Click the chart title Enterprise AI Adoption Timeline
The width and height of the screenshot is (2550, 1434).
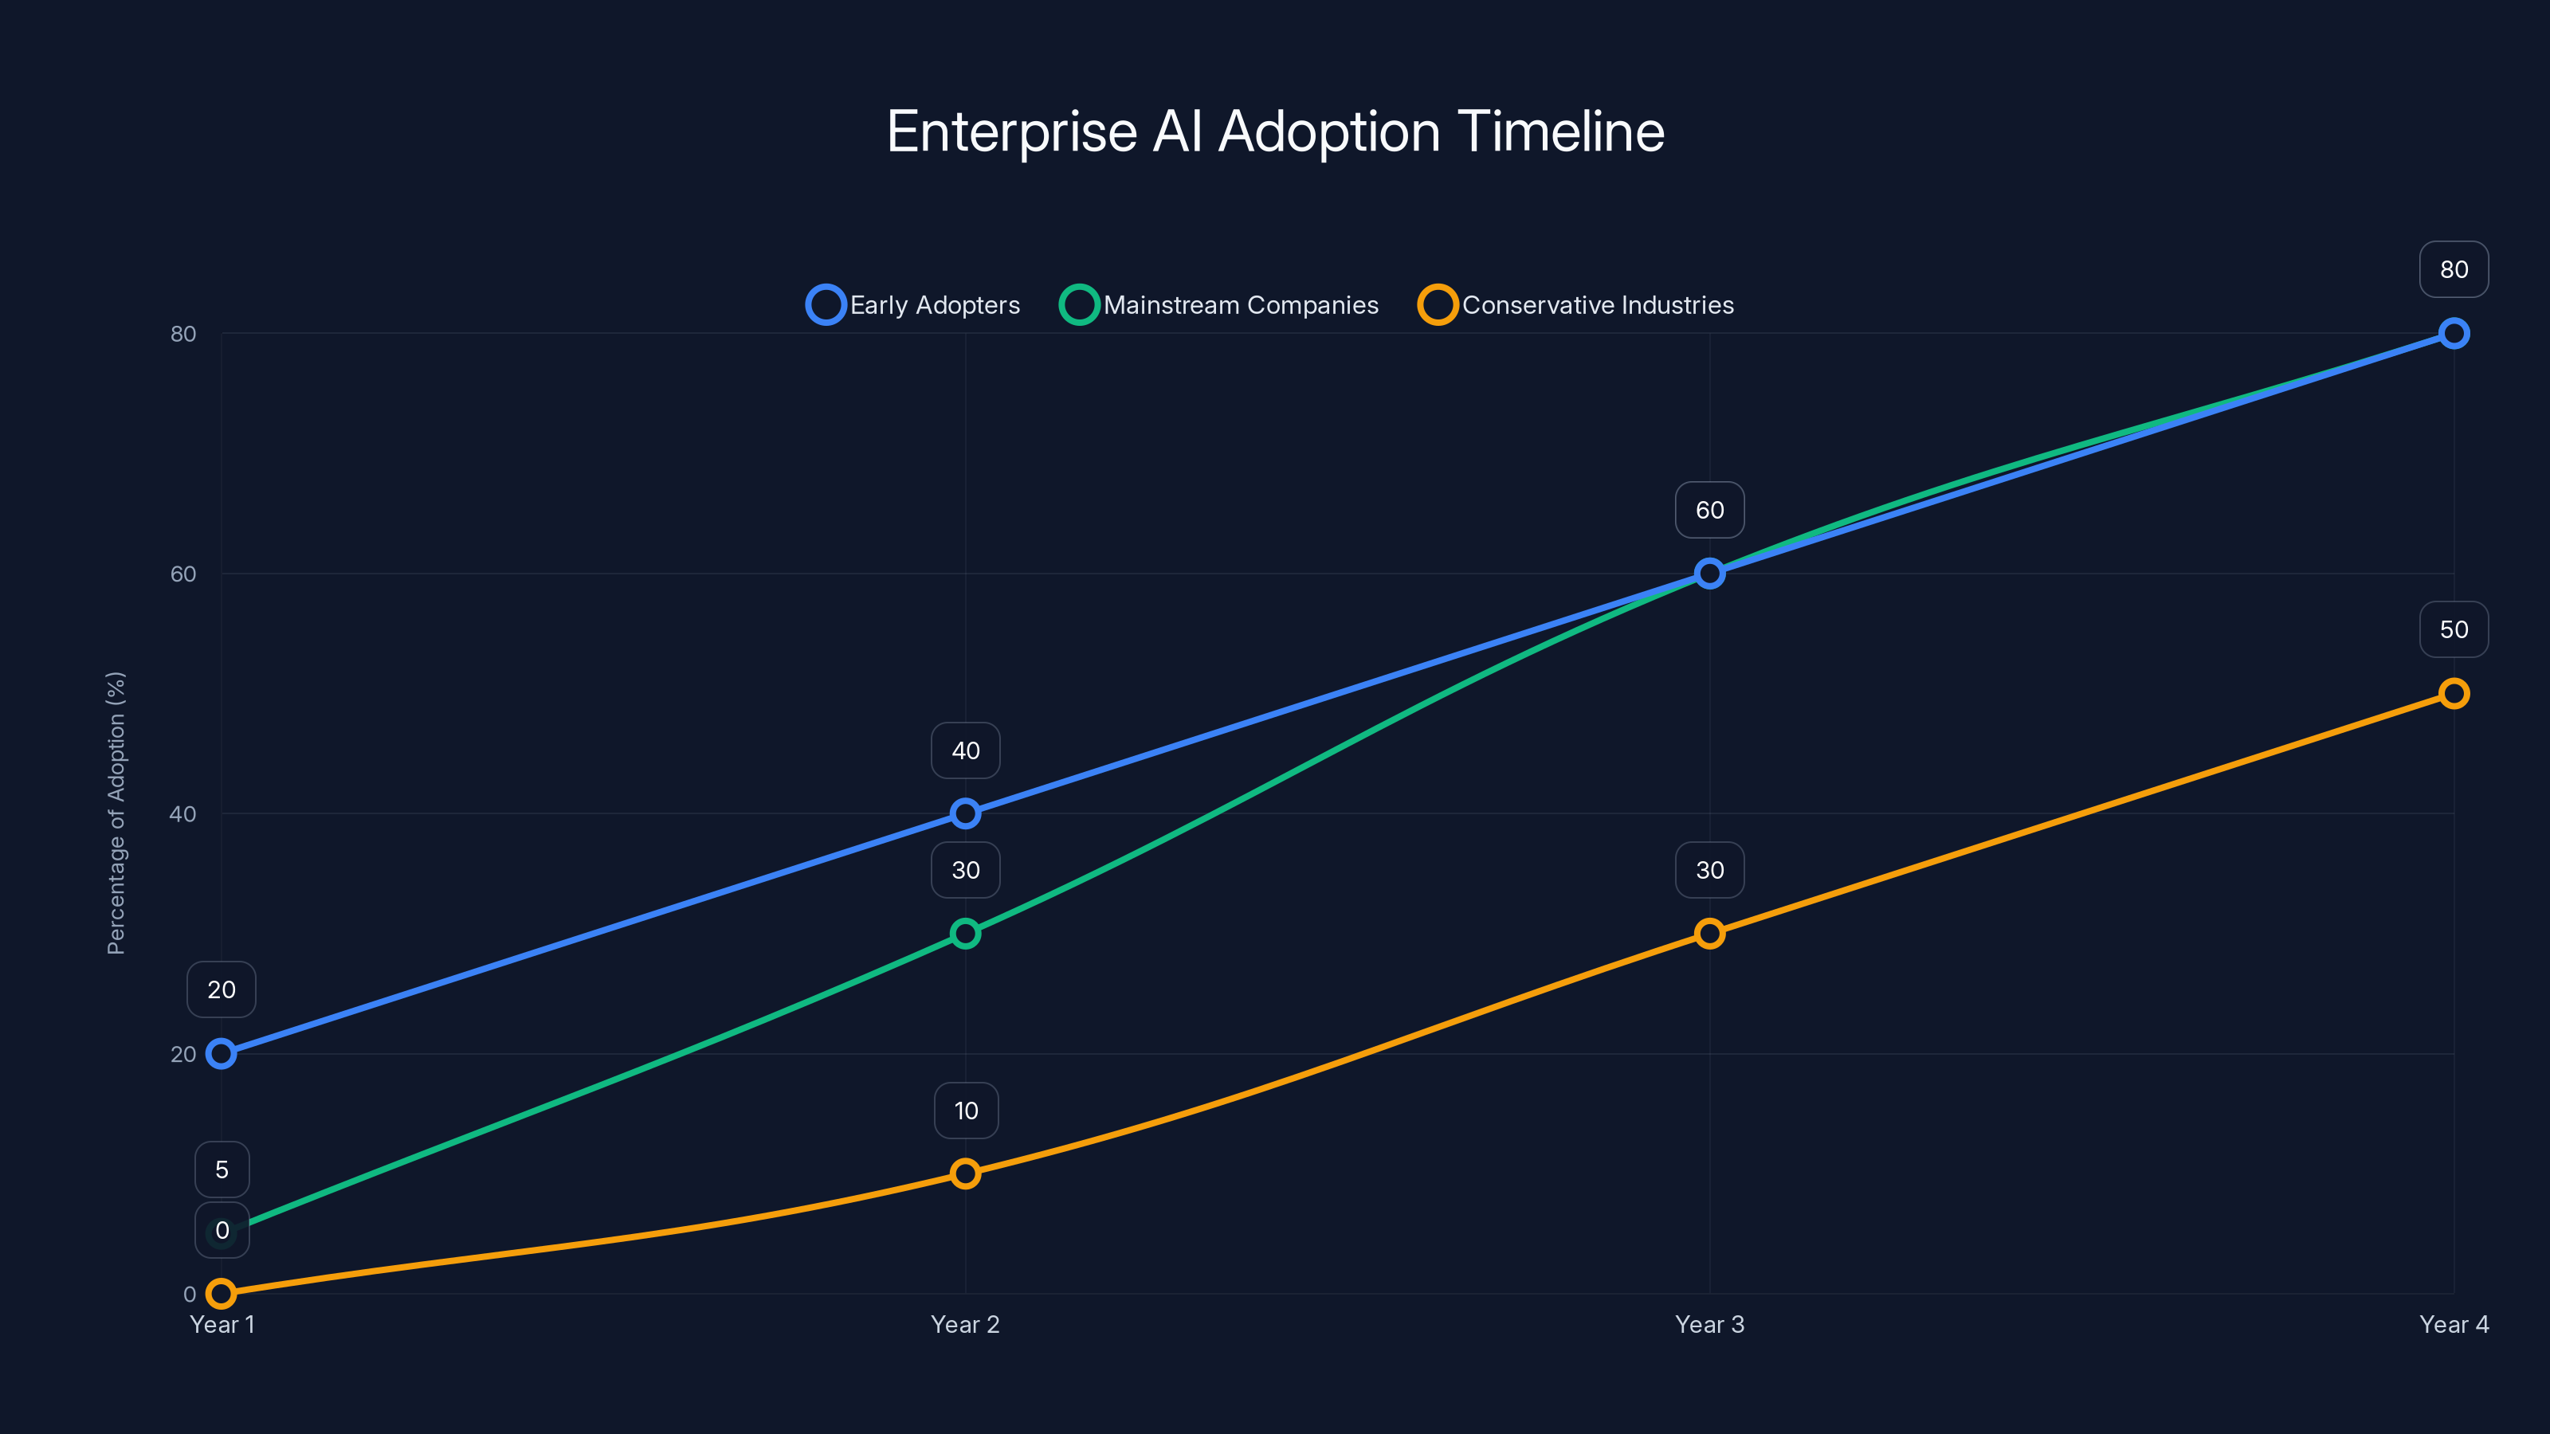[1275, 131]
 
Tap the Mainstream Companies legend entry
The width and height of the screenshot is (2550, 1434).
[1218, 305]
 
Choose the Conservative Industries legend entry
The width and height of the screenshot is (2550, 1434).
[1576, 305]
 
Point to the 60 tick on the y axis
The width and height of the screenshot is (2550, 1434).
[183, 574]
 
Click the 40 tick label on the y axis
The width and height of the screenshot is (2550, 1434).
[183, 814]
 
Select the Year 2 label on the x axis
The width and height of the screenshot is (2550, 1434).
[965, 1324]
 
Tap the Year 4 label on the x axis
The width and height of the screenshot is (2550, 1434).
[2453, 1324]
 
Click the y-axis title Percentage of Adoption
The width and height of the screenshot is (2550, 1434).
[116, 813]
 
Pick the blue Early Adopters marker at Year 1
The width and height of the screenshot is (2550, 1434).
[222, 1054]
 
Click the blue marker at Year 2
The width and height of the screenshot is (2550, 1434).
[965, 813]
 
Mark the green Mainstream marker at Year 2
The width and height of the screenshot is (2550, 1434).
[965, 933]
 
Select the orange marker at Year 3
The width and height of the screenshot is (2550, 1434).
[1709, 933]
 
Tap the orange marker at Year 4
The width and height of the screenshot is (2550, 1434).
[2453, 694]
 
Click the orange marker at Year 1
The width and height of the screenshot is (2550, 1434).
[222, 1294]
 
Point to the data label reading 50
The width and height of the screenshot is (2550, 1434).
[2453, 629]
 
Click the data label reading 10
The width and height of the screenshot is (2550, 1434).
[966, 1111]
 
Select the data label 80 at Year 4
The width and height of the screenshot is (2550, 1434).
[2453, 269]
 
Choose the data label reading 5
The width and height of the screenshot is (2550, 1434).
[222, 1170]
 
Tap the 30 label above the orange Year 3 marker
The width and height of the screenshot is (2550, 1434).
[1709, 870]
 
